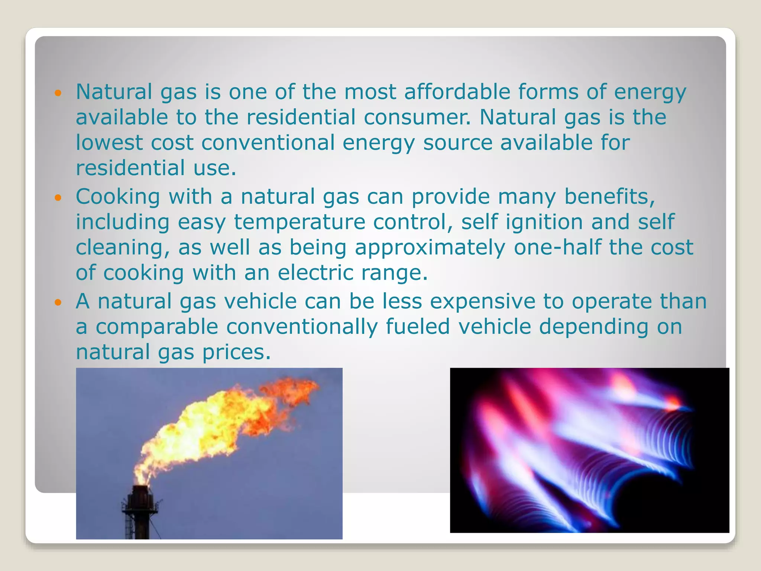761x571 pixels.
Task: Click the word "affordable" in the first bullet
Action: (457, 92)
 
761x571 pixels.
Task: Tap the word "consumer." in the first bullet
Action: (417, 117)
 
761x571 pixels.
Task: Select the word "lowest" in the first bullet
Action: (109, 142)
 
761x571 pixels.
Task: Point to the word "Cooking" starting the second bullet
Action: (118, 197)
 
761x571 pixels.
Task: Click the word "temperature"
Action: (299, 222)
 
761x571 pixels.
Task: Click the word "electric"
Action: (315, 272)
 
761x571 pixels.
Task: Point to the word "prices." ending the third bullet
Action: (236, 352)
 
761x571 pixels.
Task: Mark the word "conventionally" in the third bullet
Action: (302, 327)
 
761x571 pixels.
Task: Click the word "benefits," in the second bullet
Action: (609, 197)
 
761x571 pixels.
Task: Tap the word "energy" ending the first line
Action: (650, 93)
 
